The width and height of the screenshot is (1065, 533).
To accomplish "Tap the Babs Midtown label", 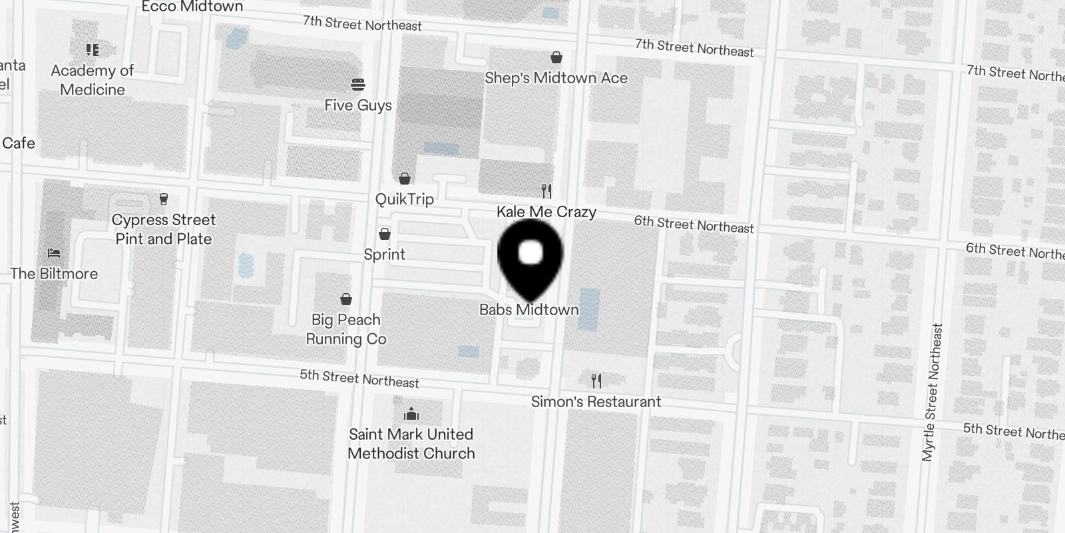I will point(529,310).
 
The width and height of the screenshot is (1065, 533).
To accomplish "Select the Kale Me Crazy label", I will point(546,212).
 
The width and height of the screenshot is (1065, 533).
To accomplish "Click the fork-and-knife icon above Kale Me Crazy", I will point(546,191).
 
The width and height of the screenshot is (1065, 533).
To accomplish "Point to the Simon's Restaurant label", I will point(596,402).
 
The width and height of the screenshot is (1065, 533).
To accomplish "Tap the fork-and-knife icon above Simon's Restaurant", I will point(596,381).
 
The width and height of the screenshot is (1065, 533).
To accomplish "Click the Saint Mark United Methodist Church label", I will point(411,444).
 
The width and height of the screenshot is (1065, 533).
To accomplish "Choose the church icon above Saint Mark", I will point(411,414).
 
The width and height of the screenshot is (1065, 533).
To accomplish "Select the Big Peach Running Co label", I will point(346,329).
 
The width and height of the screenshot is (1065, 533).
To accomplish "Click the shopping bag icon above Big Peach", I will point(346,299).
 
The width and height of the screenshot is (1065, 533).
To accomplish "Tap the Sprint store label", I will point(384,255).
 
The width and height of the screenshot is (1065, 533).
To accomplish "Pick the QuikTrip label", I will point(404,199).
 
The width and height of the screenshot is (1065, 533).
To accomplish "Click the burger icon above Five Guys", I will point(358,85).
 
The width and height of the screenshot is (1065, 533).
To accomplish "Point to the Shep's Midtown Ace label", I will point(556,78).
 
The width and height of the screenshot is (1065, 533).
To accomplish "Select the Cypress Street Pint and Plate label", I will point(164,229).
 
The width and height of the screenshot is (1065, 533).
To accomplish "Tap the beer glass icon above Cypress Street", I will point(164,199).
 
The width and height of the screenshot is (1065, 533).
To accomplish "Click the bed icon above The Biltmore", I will point(54,253).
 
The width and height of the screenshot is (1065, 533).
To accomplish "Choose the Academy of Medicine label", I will point(93,80).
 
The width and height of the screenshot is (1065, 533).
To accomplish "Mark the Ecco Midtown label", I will point(192,7).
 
